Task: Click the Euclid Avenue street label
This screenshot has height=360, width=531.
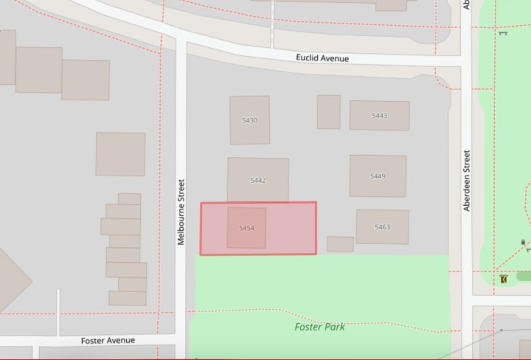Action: (322, 58)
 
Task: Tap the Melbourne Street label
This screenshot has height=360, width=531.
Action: (181, 212)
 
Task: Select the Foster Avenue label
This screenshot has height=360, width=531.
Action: (108, 340)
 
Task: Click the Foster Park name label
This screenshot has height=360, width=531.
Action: (319, 326)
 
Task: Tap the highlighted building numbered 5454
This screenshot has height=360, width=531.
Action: (246, 228)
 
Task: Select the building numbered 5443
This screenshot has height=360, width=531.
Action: (379, 116)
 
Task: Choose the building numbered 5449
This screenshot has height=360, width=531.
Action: (378, 176)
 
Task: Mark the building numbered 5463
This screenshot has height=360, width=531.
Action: (382, 226)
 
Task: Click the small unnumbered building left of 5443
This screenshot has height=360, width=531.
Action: (328, 111)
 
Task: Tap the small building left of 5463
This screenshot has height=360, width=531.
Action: (340, 244)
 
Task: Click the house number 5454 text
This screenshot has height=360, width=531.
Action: (246, 229)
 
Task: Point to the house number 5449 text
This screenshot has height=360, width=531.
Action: (378, 176)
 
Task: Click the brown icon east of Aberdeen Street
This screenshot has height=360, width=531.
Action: (504, 280)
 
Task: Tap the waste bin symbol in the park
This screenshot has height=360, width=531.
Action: (523, 242)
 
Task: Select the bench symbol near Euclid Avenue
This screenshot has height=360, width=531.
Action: (503, 32)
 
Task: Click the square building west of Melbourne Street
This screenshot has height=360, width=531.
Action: (120, 154)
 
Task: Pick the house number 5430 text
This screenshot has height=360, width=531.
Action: (249, 120)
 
